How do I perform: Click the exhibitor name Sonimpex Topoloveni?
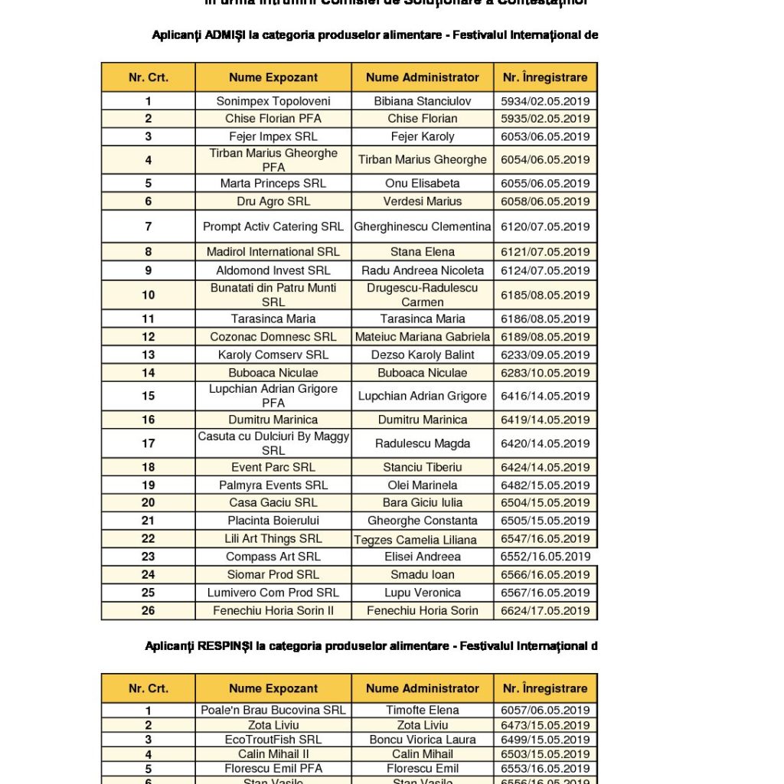click(273, 101)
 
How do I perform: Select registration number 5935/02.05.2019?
click(545, 119)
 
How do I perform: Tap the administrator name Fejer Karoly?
click(423, 136)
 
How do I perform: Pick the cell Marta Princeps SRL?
click(273, 183)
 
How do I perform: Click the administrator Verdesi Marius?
click(423, 201)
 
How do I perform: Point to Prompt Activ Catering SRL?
click(273, 227)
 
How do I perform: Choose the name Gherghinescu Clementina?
click(423, 227)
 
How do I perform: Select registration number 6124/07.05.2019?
click(545, 270)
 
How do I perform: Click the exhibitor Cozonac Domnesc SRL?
click(273, 337)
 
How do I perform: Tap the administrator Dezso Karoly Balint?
click(423, 354)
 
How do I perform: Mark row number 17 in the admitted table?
click(148, 443)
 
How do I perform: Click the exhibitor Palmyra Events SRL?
click(273, 485)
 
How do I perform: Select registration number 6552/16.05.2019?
click(545, 557)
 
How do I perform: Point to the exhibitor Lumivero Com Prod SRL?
click(273, 593)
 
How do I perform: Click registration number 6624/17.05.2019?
click(545, 610)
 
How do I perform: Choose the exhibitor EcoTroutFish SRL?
click(273, 740)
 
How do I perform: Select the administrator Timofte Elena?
click(423, 710)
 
